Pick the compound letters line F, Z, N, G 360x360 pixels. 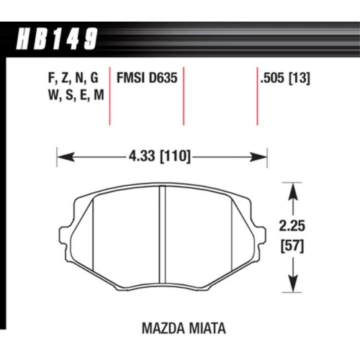pyautogui.click(x=65, y=74)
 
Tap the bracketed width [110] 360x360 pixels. pyautogui.click(x=174, y=155)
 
